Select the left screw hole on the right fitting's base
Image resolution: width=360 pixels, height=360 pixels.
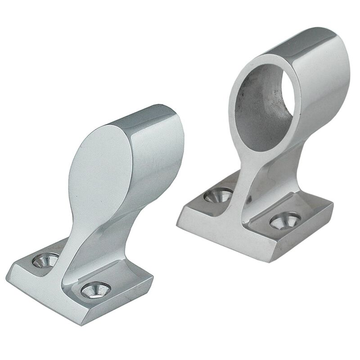(x=216, y=196)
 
